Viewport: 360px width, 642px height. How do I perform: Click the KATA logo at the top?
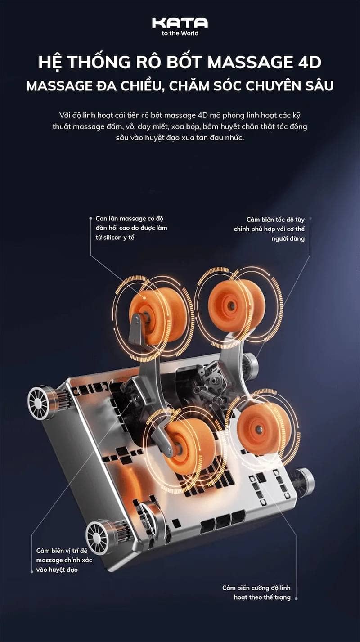tap(180, 23)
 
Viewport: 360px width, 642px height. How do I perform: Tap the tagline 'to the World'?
tap(180, 33)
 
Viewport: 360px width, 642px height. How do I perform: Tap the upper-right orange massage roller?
tap(236, 305)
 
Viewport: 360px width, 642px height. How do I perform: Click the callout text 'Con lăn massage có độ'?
tap(130, 219)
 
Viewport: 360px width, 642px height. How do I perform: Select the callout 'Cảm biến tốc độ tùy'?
tap(275, 220)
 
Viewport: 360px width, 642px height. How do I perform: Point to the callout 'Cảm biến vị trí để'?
tap(62, 551)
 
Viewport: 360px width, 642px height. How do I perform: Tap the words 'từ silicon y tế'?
tap(115, 238)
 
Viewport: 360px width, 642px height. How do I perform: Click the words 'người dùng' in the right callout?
tap(288, 239)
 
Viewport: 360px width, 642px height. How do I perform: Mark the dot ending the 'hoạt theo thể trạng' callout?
tap(296, 598)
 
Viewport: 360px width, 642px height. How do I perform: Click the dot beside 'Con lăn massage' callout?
tap(90, 218)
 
